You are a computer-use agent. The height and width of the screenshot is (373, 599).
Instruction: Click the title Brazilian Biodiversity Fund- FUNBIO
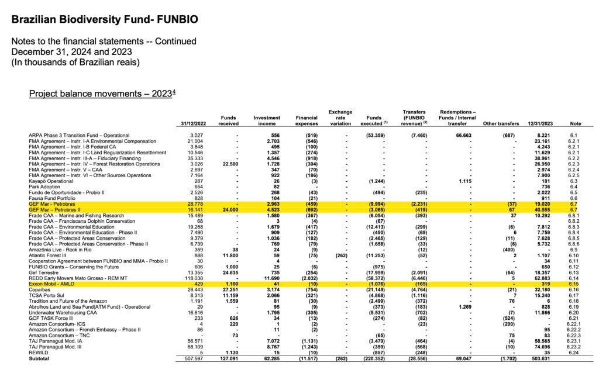105,20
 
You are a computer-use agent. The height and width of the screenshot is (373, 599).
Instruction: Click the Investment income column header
267,120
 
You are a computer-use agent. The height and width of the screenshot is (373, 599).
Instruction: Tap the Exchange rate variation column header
340,118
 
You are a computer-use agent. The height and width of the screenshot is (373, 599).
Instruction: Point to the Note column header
576,123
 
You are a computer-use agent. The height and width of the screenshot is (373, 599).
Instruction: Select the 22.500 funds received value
228,164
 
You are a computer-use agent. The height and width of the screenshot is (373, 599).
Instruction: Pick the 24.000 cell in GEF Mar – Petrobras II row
228,209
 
